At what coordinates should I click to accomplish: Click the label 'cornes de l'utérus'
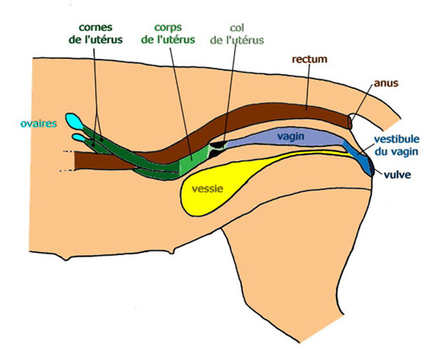(96, 34)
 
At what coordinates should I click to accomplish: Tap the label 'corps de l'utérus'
(168, 34)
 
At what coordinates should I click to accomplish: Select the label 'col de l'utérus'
(237, 34)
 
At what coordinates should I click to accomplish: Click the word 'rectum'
(310, 59)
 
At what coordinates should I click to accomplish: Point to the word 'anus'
(386, 83)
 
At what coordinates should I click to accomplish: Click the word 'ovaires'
(39, 124)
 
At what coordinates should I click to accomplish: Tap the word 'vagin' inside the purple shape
(290, 136)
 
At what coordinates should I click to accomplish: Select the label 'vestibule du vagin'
(397, 146)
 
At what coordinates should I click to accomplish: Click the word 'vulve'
(397, 175)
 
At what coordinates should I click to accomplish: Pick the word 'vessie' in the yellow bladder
(207, 188)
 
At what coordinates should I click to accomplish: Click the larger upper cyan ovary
(74, 120)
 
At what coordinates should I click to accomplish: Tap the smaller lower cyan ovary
(78, 137)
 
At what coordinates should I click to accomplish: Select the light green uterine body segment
(194, 161)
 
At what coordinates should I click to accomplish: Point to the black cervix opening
(217, 149)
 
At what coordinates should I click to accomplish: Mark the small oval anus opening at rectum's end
(350, 122)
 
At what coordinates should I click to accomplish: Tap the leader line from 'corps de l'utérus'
(181, 103)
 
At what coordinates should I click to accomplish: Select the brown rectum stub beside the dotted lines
(104, 161)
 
